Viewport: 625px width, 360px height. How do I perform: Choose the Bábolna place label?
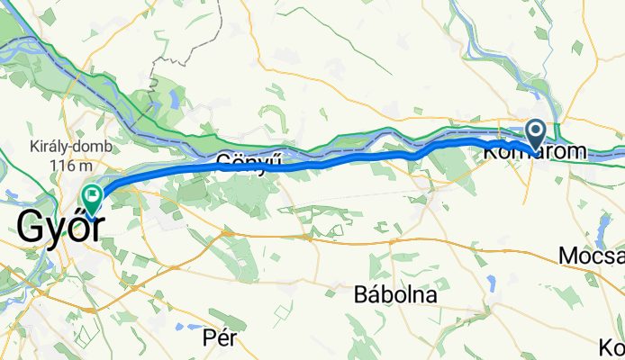(395, 294)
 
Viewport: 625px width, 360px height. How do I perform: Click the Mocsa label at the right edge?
(591, 256)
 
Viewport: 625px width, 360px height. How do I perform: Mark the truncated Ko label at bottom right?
(611, 346)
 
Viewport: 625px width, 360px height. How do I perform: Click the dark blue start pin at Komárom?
(535, 136)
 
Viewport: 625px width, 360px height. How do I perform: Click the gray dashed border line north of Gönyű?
(163, 63)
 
